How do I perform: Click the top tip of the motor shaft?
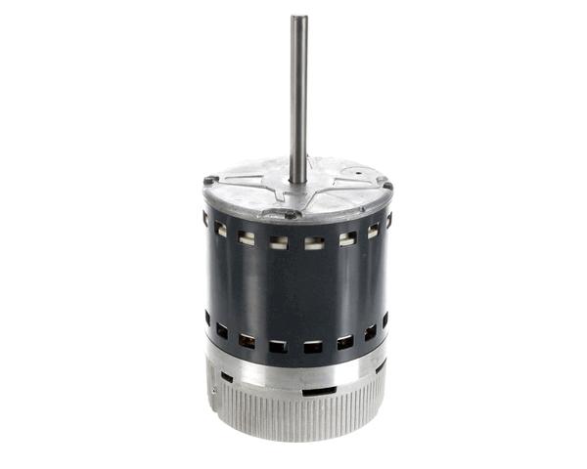298,18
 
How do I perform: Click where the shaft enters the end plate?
298,182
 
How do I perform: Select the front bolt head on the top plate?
291,214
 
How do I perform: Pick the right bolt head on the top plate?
386,186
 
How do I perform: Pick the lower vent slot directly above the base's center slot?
313,347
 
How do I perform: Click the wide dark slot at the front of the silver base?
317,392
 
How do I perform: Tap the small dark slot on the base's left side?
227,376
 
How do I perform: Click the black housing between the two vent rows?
293,288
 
